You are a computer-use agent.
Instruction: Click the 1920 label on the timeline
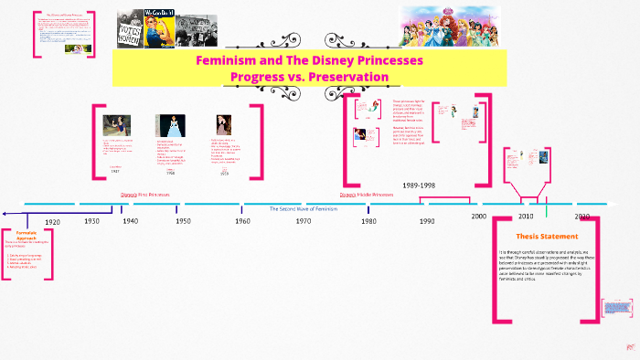click(52, 222)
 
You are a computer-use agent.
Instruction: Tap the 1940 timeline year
click(131, 221)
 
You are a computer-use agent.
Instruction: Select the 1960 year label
click(242, 221)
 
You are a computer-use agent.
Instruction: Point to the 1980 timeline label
click(368, 221)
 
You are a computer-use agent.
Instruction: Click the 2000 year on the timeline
click(479, 216)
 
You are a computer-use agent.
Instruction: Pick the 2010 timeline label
click(526, 217)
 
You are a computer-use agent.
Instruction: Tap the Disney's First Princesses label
click(145, 195)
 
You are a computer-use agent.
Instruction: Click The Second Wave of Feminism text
click(303, 209)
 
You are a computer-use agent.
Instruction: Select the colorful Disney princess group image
click(452, 26)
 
